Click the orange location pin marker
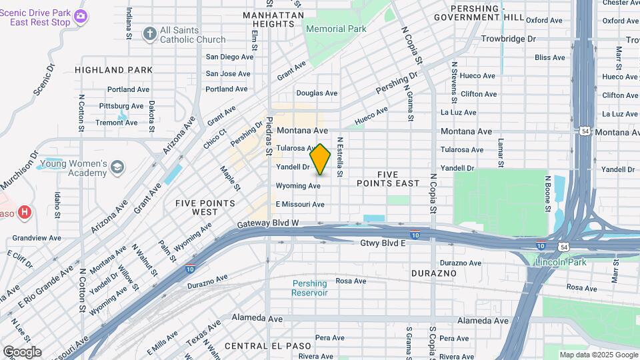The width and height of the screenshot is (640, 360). pyautogui.click(x=321, y=159)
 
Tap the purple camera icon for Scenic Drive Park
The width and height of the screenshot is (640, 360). pyautogui.click(x=81, y=16)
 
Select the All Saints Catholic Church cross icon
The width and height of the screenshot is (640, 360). pyautogui.click(x=150, y=33)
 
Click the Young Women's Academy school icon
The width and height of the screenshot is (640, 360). pyautogui.click(x=118, y=166)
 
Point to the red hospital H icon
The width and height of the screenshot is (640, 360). pyautogui.click(x=25, y=213)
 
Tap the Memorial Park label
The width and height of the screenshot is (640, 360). pyautogui.click(x=336, y=29)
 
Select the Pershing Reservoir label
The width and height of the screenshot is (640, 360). pyautogui.click(x=310, y=288)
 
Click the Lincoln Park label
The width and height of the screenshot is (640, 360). pyautogui.click(x=561, y=262)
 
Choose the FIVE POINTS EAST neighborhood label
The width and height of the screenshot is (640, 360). pyautogui.click(x=388, y=178)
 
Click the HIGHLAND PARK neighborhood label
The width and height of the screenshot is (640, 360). pyautogui.click(x=113, y=69)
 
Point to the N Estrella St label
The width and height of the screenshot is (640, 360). pyautogui.click(x=339, y=157)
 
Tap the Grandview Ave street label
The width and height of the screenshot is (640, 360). pyautogui.click(x=37, y=237)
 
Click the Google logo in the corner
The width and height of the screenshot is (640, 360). pyautogui.click(x=22, y=351)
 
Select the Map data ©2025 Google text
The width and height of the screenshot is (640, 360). pyautogui.click(x=597, y=355)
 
